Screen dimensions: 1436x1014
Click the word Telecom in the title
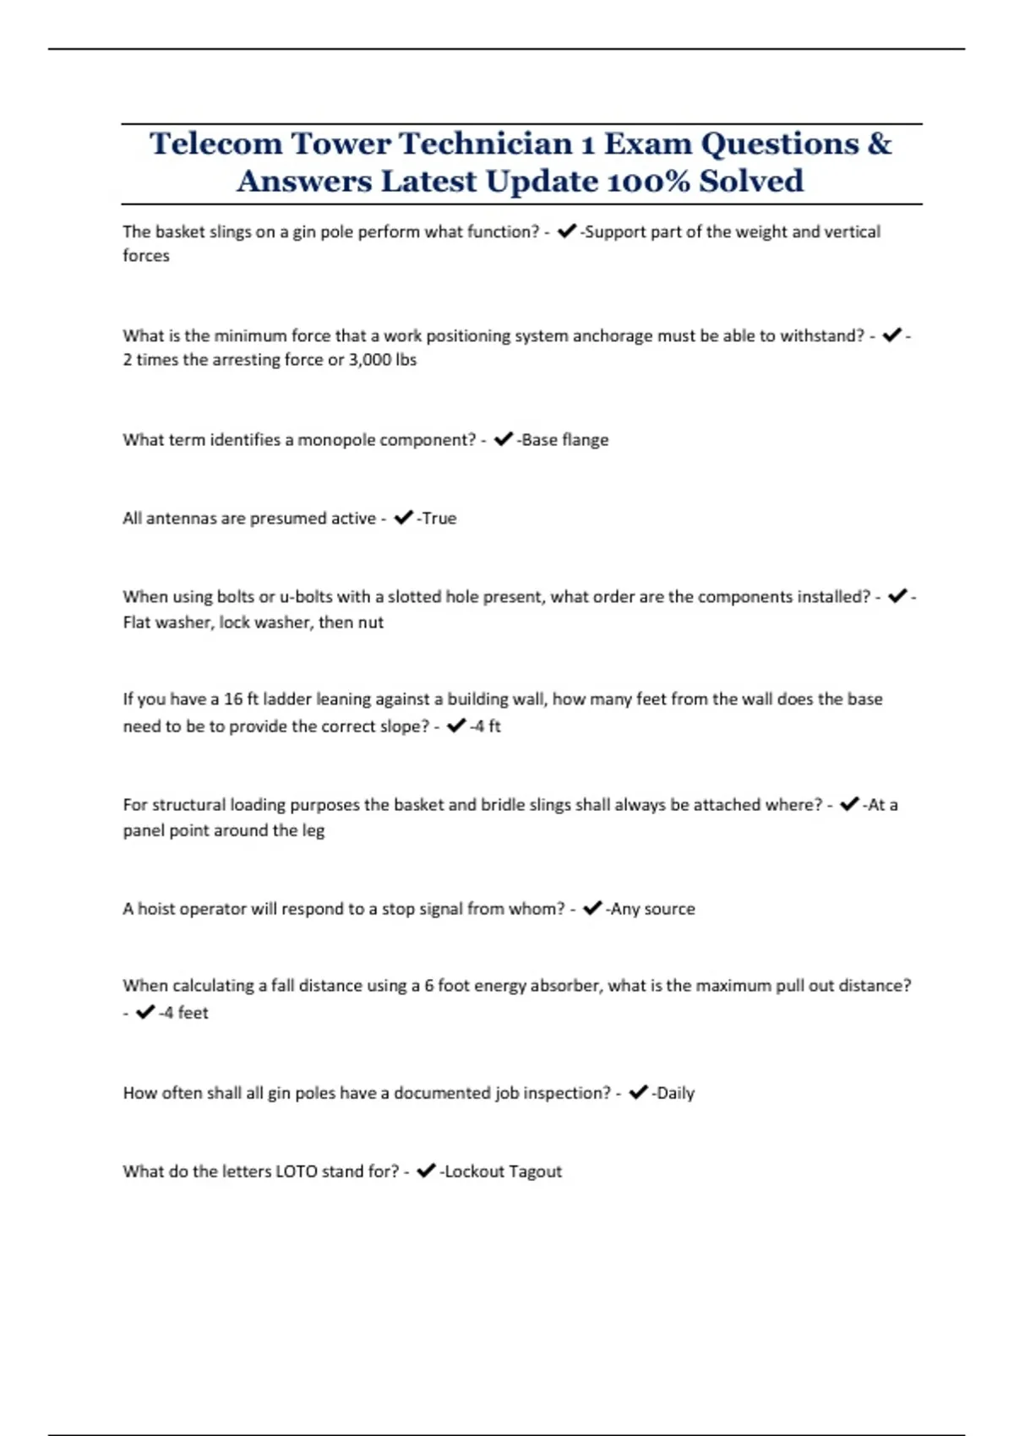[215, 144]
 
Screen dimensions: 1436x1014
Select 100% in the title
[649, 181]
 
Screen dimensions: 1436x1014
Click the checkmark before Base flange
[503, 439]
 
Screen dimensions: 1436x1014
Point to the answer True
[439, 518]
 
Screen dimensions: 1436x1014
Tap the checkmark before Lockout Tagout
[426, 1171]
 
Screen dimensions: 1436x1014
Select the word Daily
[675, 1093]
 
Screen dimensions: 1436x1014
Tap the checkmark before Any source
[592, 908]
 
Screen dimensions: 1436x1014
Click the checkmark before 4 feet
[145, 1012]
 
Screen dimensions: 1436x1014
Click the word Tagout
[535, 1172]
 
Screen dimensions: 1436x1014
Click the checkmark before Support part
[567, 231]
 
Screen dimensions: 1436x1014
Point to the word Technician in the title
[486, 144]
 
